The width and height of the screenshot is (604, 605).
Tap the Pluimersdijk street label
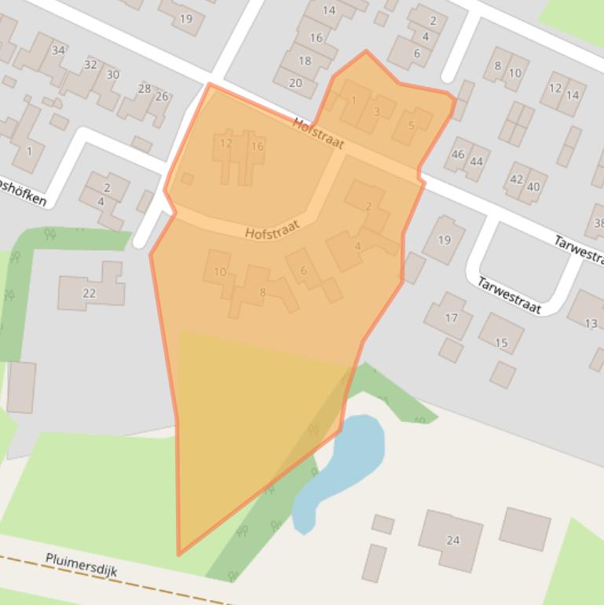(x=81, y=564)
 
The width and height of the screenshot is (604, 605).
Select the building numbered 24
(x=452, y=540)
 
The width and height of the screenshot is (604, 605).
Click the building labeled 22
(x=89, y=293)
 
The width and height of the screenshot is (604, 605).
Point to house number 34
(x=58, y=51)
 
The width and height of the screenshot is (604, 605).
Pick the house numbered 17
(x=451, y=317)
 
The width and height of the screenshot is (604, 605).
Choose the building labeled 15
(x=501, y=343)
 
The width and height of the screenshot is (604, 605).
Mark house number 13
(x=591, y=323)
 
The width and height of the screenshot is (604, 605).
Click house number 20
(x=295, y=82)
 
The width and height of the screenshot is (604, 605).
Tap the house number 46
(x=459, y=155)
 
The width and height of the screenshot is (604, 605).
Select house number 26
(x=161, y=97)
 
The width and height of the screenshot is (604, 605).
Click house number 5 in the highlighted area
(x=411, y=126)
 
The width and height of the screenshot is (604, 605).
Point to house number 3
(x=376, y=112)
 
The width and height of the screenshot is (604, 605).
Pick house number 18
(x=305, y=60)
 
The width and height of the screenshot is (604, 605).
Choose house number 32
(x=90, y=64)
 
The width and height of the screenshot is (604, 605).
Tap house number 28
(x=144, y=89)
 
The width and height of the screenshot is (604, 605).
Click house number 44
(x=476, y=162)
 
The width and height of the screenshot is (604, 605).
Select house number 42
(x=516, y=179)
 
